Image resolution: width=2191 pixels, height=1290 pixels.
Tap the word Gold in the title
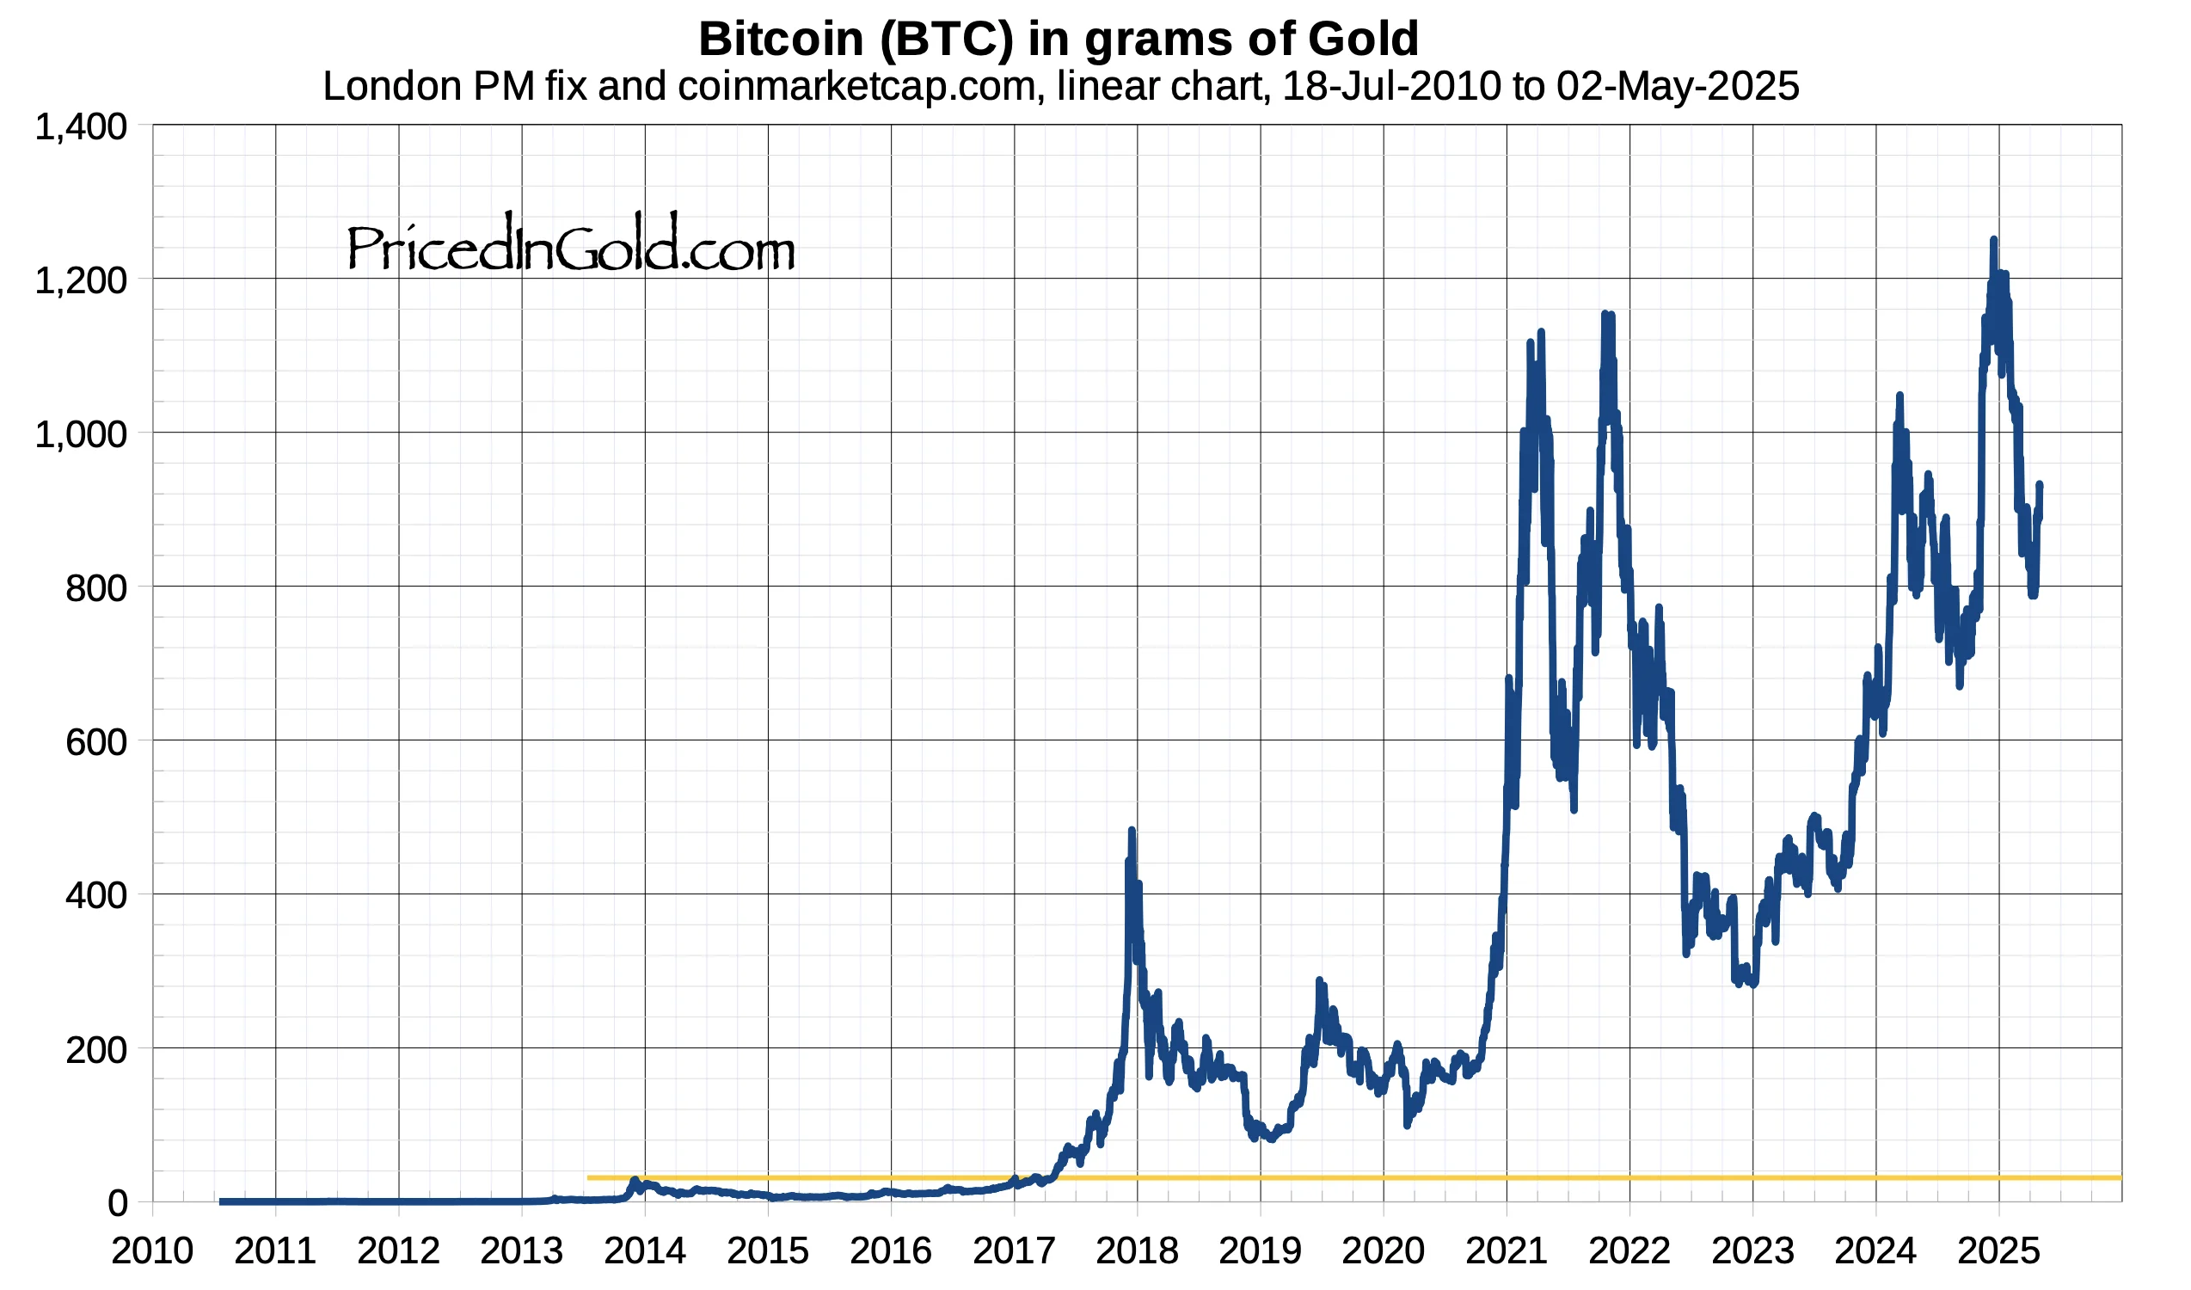pyautogui.click(x=1362, y=39)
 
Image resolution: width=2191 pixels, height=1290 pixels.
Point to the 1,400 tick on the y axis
pyautogui.click(x=81, y=128)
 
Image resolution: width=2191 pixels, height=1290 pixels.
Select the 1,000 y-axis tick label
pyautogui.click(x=81, y=434)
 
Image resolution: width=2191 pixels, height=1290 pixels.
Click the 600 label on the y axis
pyautogui.click(x=95, y=742)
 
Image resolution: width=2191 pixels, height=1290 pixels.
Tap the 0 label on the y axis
pyautogui.click(x=117, y=1204)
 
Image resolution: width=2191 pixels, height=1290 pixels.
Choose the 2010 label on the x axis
pyautogui.click(x=152, y=1252)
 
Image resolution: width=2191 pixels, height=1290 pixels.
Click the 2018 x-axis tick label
pyautogui.click(x=1137, y=1252)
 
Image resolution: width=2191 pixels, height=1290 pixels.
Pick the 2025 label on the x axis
pyautogui.click(x=1998, y=1252)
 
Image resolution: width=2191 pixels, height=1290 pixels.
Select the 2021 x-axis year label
pyautogui.click(x=1506, y=1252)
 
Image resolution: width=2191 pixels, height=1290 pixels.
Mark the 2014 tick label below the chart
pyautogui.click(x=644, y=1252)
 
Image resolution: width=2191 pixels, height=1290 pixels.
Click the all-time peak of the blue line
pyautogui.click(x=1992, y=240)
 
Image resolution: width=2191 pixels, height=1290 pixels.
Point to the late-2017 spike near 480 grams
pyautogui.click(x=1131, y=830)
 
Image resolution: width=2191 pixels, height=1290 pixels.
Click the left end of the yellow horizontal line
pyautogui.click(x=591, y=1178)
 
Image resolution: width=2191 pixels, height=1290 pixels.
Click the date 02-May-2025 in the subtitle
pyautogui.click(x=1677, y=86)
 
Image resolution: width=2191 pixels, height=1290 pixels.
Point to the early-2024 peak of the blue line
pyautogui.click(x=1899, y=396)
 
